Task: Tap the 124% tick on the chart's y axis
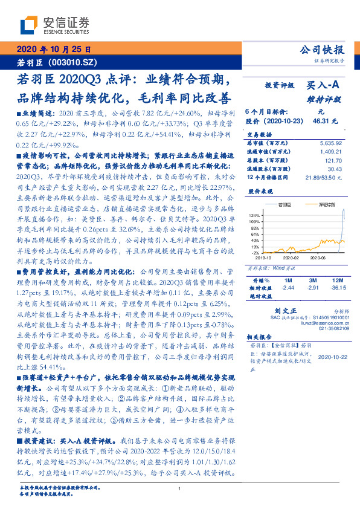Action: point(254,215)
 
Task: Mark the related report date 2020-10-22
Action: point(332,357)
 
